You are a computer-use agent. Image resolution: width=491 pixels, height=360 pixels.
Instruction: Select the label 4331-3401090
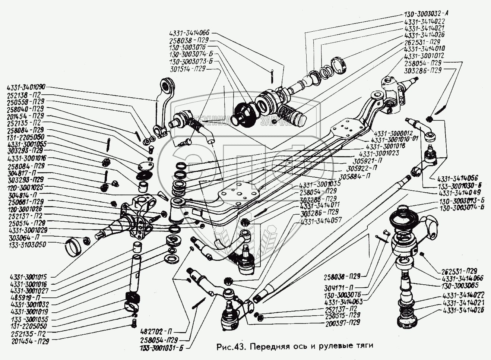pyautogui.click(x=26, y=88)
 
